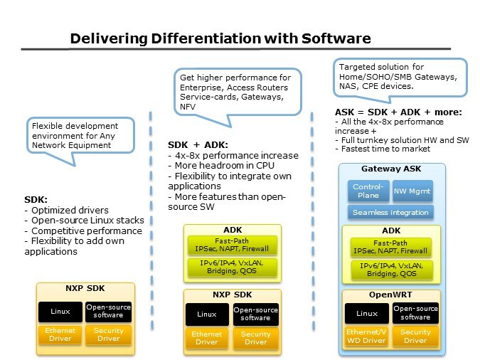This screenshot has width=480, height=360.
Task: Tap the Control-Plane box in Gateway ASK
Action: click(x=368, y=191)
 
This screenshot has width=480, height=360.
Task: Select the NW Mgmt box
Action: click(x=412, y=191)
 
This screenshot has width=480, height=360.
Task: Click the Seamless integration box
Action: click(x=390, y=212)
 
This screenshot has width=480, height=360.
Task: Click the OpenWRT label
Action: click(x=390, y=295)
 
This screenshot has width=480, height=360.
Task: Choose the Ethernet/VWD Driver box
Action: click(x=367, y=335)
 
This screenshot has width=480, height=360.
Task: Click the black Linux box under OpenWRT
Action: click(x=367, y=313)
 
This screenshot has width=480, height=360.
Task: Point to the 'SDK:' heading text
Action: click(x=36, y=200)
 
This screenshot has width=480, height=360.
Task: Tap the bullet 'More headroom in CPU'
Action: click(x=221, y=164)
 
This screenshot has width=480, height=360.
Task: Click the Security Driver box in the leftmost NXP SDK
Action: click(x=108, y=334)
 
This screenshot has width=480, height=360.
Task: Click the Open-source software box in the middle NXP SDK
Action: click(x=256, y=314)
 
